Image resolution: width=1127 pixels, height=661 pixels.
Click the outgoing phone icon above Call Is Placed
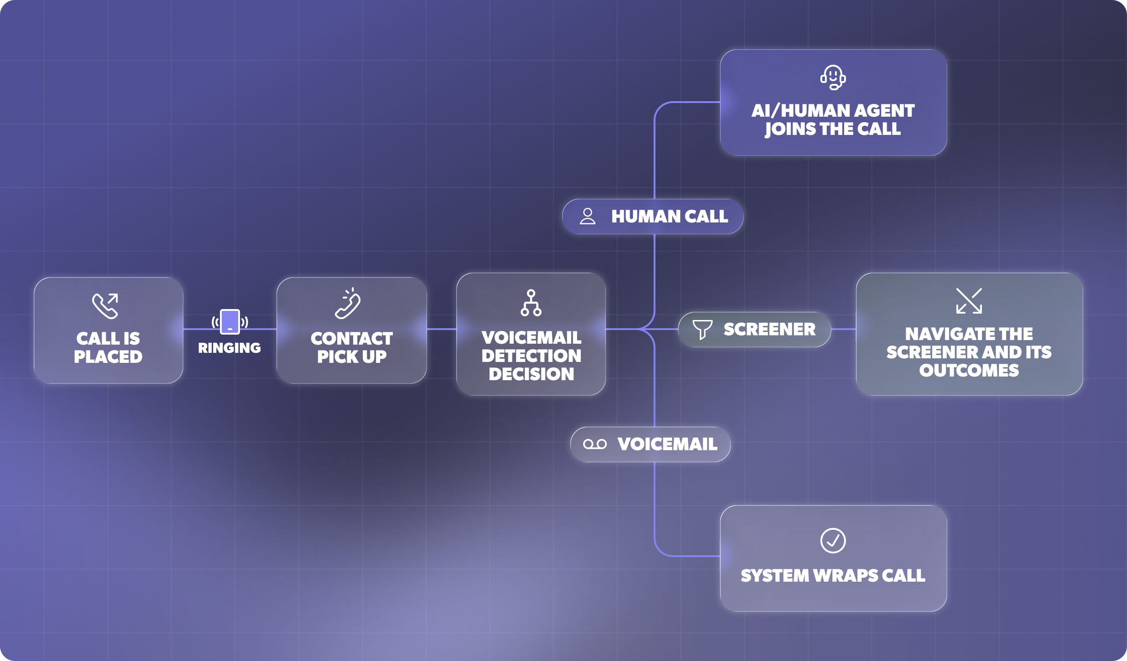tap(105, 305)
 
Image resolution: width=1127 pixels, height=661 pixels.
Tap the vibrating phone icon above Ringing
tap(230, 322)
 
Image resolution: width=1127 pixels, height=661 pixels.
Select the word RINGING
tap(230, 348)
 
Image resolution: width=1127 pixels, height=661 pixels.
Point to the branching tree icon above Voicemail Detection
tap(531, 303)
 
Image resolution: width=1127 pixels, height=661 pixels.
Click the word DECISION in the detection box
tap(532, 374)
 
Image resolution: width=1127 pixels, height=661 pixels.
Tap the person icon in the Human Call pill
tap(588, 216)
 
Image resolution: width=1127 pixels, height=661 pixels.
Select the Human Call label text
tap(670, 217)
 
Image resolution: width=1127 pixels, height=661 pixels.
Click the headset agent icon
tap(833, 77)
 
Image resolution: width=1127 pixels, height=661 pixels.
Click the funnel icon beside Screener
tap(702, 329)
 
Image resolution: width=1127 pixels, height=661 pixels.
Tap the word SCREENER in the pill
tap(770, 329)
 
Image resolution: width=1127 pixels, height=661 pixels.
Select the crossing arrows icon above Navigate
tap(969, 301)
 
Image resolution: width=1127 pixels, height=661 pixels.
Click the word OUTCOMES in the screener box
tap(969, 371)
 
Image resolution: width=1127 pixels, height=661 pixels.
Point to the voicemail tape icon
tap(595, 444)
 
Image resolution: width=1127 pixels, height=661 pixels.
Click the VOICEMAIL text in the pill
tap(668, 444)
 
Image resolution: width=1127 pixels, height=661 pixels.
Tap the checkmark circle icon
tap(833, 541)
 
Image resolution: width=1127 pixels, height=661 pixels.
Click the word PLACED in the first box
tap(108, 357)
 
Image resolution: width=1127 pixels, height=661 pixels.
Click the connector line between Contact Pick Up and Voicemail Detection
tap(442, 329)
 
